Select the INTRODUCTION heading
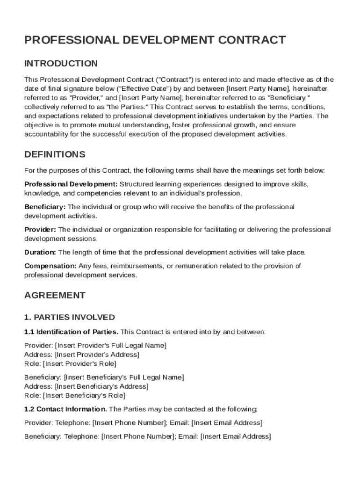click(61, 64)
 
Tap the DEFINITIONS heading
click(55, 154)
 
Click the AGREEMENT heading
click(55, 295)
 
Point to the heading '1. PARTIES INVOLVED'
click(69, 318)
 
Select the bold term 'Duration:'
click(40, 253)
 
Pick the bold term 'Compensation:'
click(50, 266)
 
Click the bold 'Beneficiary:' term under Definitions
click(45, 207)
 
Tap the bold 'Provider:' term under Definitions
click(40, 230)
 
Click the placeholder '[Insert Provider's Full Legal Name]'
click(111, 346)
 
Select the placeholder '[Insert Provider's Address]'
click(97, 355)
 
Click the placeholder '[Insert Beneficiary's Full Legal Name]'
click(124, 377)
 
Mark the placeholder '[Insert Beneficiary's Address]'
click(101, 386)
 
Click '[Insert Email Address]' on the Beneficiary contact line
click(235, 436)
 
